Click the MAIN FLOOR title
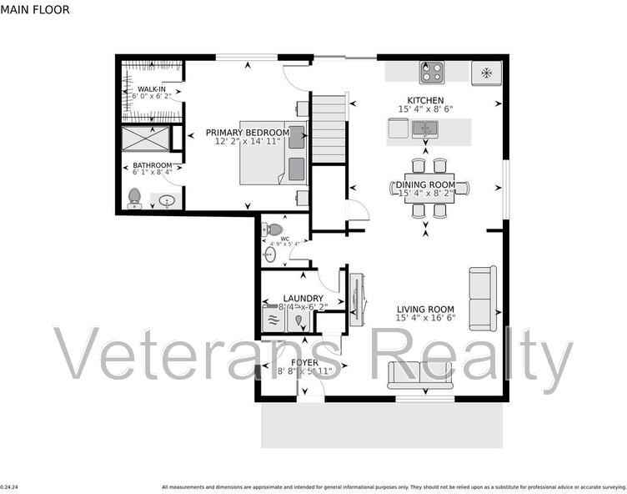point(35,10)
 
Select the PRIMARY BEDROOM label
point(248,133)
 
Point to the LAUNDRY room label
point(303,298)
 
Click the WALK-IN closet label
point(151,88)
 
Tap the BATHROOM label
point(152,165)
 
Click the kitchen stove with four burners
point(432,73)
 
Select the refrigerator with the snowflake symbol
point(487,73)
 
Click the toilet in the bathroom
point(134,198)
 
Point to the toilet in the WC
point(274,229)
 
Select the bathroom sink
point(168,200)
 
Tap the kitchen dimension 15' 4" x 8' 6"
point(424,108)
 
